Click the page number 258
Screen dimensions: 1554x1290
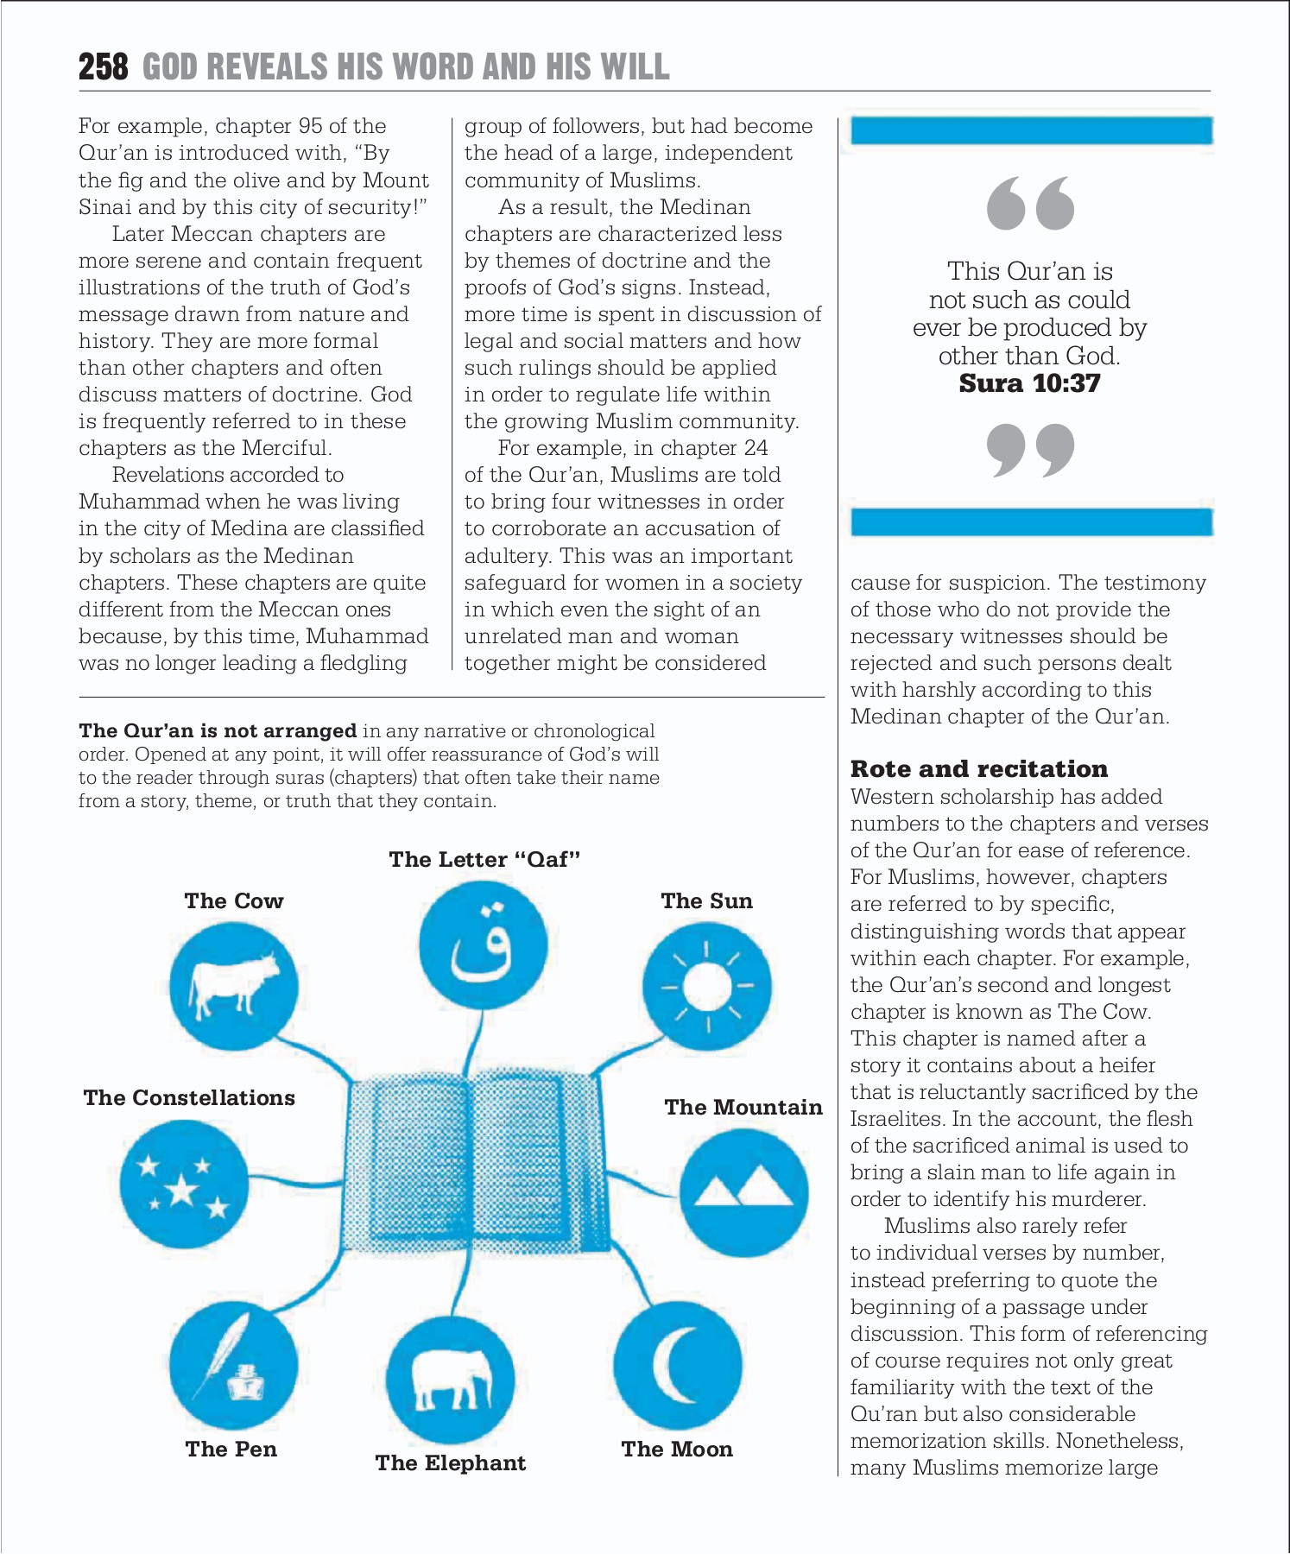[x=103, y=67]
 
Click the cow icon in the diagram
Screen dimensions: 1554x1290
[x=233, y=986]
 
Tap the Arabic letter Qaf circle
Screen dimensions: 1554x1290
[x=483, y=945]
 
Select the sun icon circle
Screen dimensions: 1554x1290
[x=707, y=986]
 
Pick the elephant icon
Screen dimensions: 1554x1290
[x=450, y=1380]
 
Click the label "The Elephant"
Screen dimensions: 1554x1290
[x=450, y=1462]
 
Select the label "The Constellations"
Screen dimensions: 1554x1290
[x=189, y=1097]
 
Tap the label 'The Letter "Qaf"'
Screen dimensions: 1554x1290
[x=484, y=859]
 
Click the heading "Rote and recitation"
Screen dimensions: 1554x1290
[x=978, y=768]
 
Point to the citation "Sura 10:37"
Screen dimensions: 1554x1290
[x=1029, y=383]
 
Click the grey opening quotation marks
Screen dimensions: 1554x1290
[x=1029, y=204]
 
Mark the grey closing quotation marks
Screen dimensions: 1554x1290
[x=1029, y=450]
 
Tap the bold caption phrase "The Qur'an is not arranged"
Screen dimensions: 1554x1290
[x=218, y=730]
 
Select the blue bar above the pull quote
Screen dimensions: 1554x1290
[x=1031, y=131]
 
